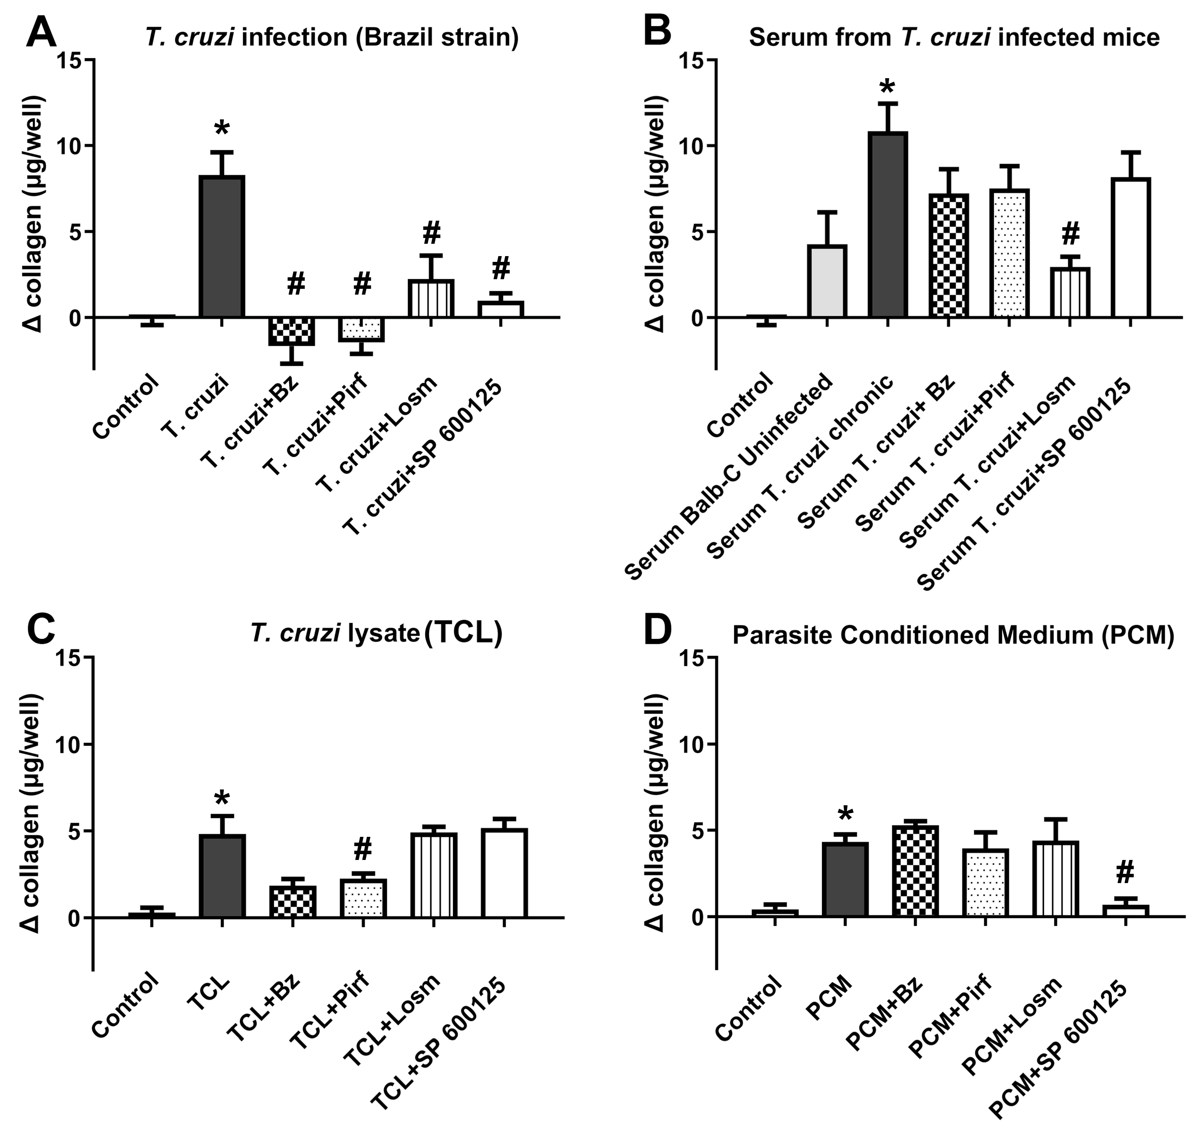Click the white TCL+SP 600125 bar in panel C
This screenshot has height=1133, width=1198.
point(505,873)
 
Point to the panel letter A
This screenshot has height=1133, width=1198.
point(41,33)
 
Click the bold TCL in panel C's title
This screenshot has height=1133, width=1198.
point(463,633)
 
